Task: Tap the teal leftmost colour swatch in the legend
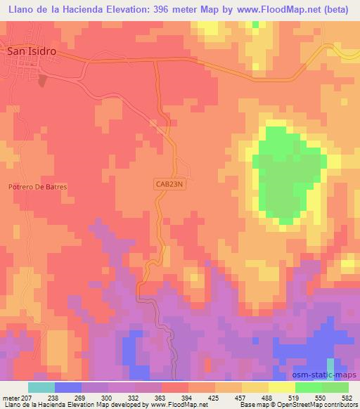coord(41,387)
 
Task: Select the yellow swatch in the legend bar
coord(281,387)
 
